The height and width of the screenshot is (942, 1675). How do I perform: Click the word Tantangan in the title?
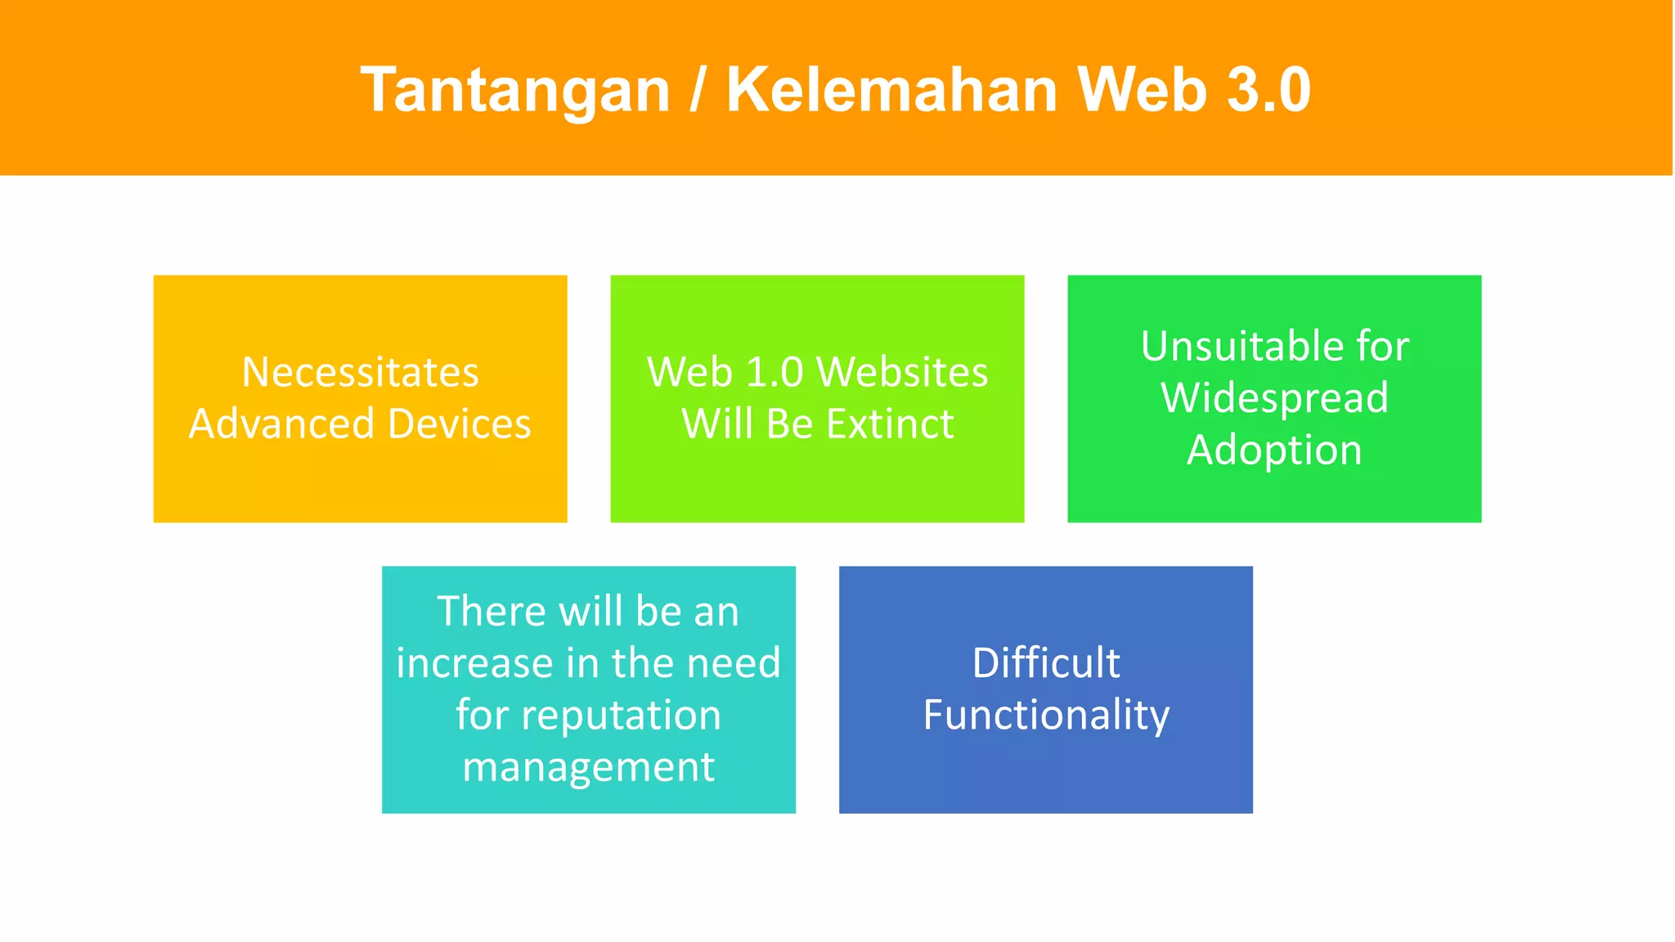coord(515,90)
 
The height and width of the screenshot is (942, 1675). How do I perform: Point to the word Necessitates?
coord(360,372)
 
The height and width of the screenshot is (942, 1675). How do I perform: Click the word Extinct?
coord(889,424)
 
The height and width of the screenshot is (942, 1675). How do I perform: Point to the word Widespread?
coord(1274,398)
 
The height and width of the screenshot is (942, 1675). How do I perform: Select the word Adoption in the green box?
coord(1274,451)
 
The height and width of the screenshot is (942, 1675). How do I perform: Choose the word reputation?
coord(621,715)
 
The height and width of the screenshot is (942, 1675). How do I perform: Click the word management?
coord(588,767)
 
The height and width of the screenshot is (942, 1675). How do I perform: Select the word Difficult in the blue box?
coord(1045,662)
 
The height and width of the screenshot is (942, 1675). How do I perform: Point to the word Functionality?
coord(1045,715)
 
